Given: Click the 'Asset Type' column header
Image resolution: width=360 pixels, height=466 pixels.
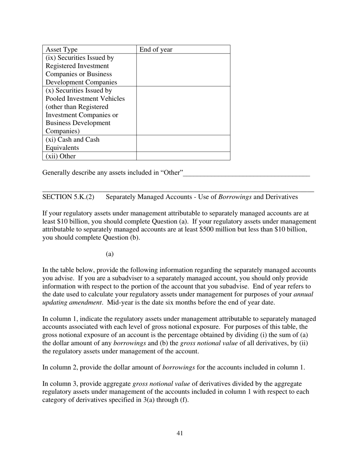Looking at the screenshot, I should (x=61, y=50).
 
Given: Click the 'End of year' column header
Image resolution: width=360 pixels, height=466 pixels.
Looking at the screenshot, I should (x=156, y=50).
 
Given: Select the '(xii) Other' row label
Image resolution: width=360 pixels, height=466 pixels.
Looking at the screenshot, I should (x=61, y=156).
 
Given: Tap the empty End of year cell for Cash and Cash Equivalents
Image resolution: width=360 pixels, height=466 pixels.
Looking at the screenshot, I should (x=183, y=144).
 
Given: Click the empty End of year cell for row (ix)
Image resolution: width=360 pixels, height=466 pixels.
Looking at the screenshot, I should (x=183, y=70).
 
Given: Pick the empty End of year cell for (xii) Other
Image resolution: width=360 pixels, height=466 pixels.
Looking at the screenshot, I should (x=183, y=156).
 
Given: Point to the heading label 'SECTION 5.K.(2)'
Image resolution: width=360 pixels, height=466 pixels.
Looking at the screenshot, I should (x=68, y=197).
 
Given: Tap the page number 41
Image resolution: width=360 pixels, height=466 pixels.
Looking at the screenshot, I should (x=180, y=433).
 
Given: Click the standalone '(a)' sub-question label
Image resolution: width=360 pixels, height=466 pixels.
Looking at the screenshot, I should (x=110, y=254).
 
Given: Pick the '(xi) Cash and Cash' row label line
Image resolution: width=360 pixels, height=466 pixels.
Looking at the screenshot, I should (x=72, y=140).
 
